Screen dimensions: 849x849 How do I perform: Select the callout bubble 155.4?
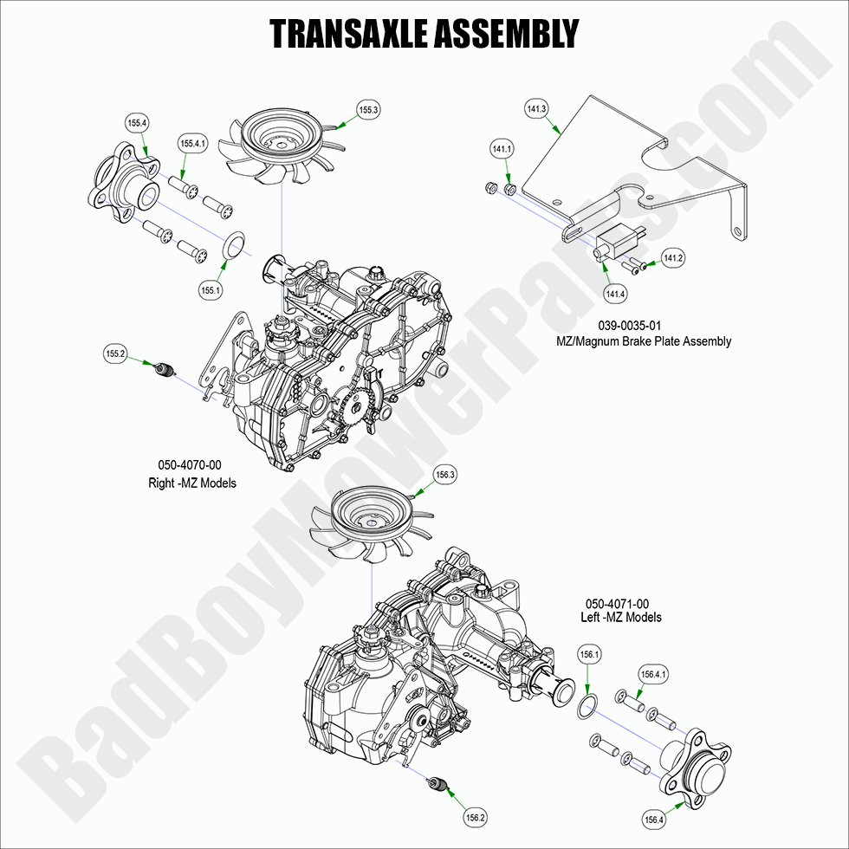(137, 124)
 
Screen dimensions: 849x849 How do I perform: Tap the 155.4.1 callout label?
(193, 143)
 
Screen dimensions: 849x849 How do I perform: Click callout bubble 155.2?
(116, 353)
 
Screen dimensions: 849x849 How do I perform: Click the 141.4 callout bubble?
(615, 295)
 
